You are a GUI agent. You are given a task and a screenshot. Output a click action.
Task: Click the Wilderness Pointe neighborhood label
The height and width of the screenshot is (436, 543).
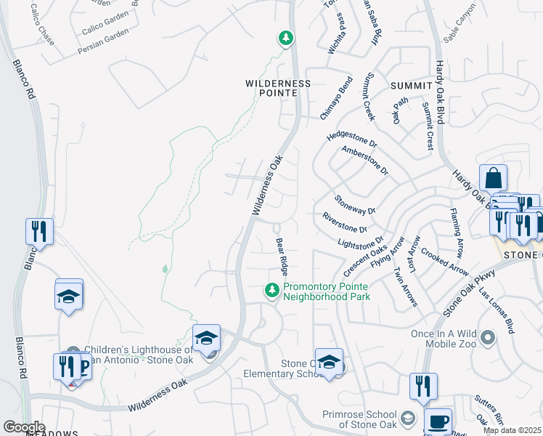278,88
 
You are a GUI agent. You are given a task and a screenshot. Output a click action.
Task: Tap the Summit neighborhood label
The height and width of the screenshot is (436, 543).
411,86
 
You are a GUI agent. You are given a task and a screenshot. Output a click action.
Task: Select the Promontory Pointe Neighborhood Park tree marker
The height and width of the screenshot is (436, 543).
272,291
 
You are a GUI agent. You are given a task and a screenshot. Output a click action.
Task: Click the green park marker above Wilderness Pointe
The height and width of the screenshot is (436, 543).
286,37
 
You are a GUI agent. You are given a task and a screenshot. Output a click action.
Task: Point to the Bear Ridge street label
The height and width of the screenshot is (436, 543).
282,255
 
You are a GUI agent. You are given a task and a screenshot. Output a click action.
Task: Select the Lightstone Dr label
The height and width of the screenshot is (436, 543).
360,241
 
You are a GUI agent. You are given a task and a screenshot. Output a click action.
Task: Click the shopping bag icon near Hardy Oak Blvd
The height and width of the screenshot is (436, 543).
493,178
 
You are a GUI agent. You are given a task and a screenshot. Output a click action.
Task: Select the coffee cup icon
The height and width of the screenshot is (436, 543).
438,421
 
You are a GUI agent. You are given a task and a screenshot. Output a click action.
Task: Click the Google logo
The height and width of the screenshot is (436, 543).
23,427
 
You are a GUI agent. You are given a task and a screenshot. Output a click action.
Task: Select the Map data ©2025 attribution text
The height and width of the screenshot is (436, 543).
511,430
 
